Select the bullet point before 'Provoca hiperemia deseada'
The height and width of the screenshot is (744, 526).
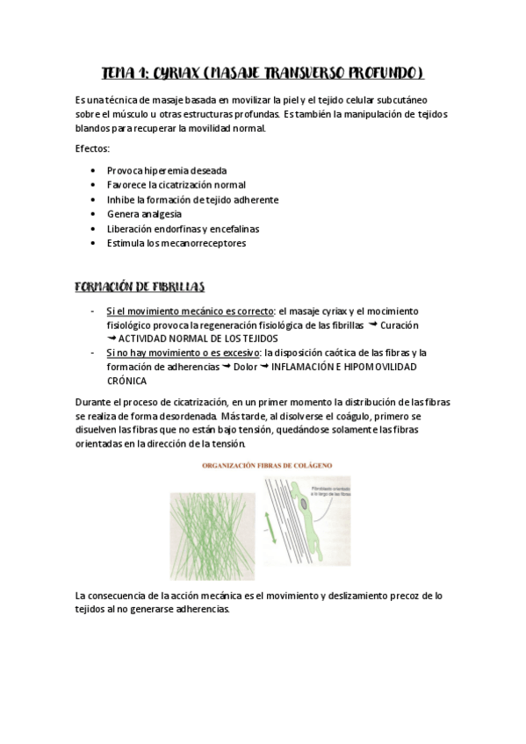(94, 170)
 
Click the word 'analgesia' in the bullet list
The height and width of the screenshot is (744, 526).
(161, 214)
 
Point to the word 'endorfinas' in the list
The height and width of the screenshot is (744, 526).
(182, 229)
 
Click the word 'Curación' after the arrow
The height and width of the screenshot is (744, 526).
(398, 325)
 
